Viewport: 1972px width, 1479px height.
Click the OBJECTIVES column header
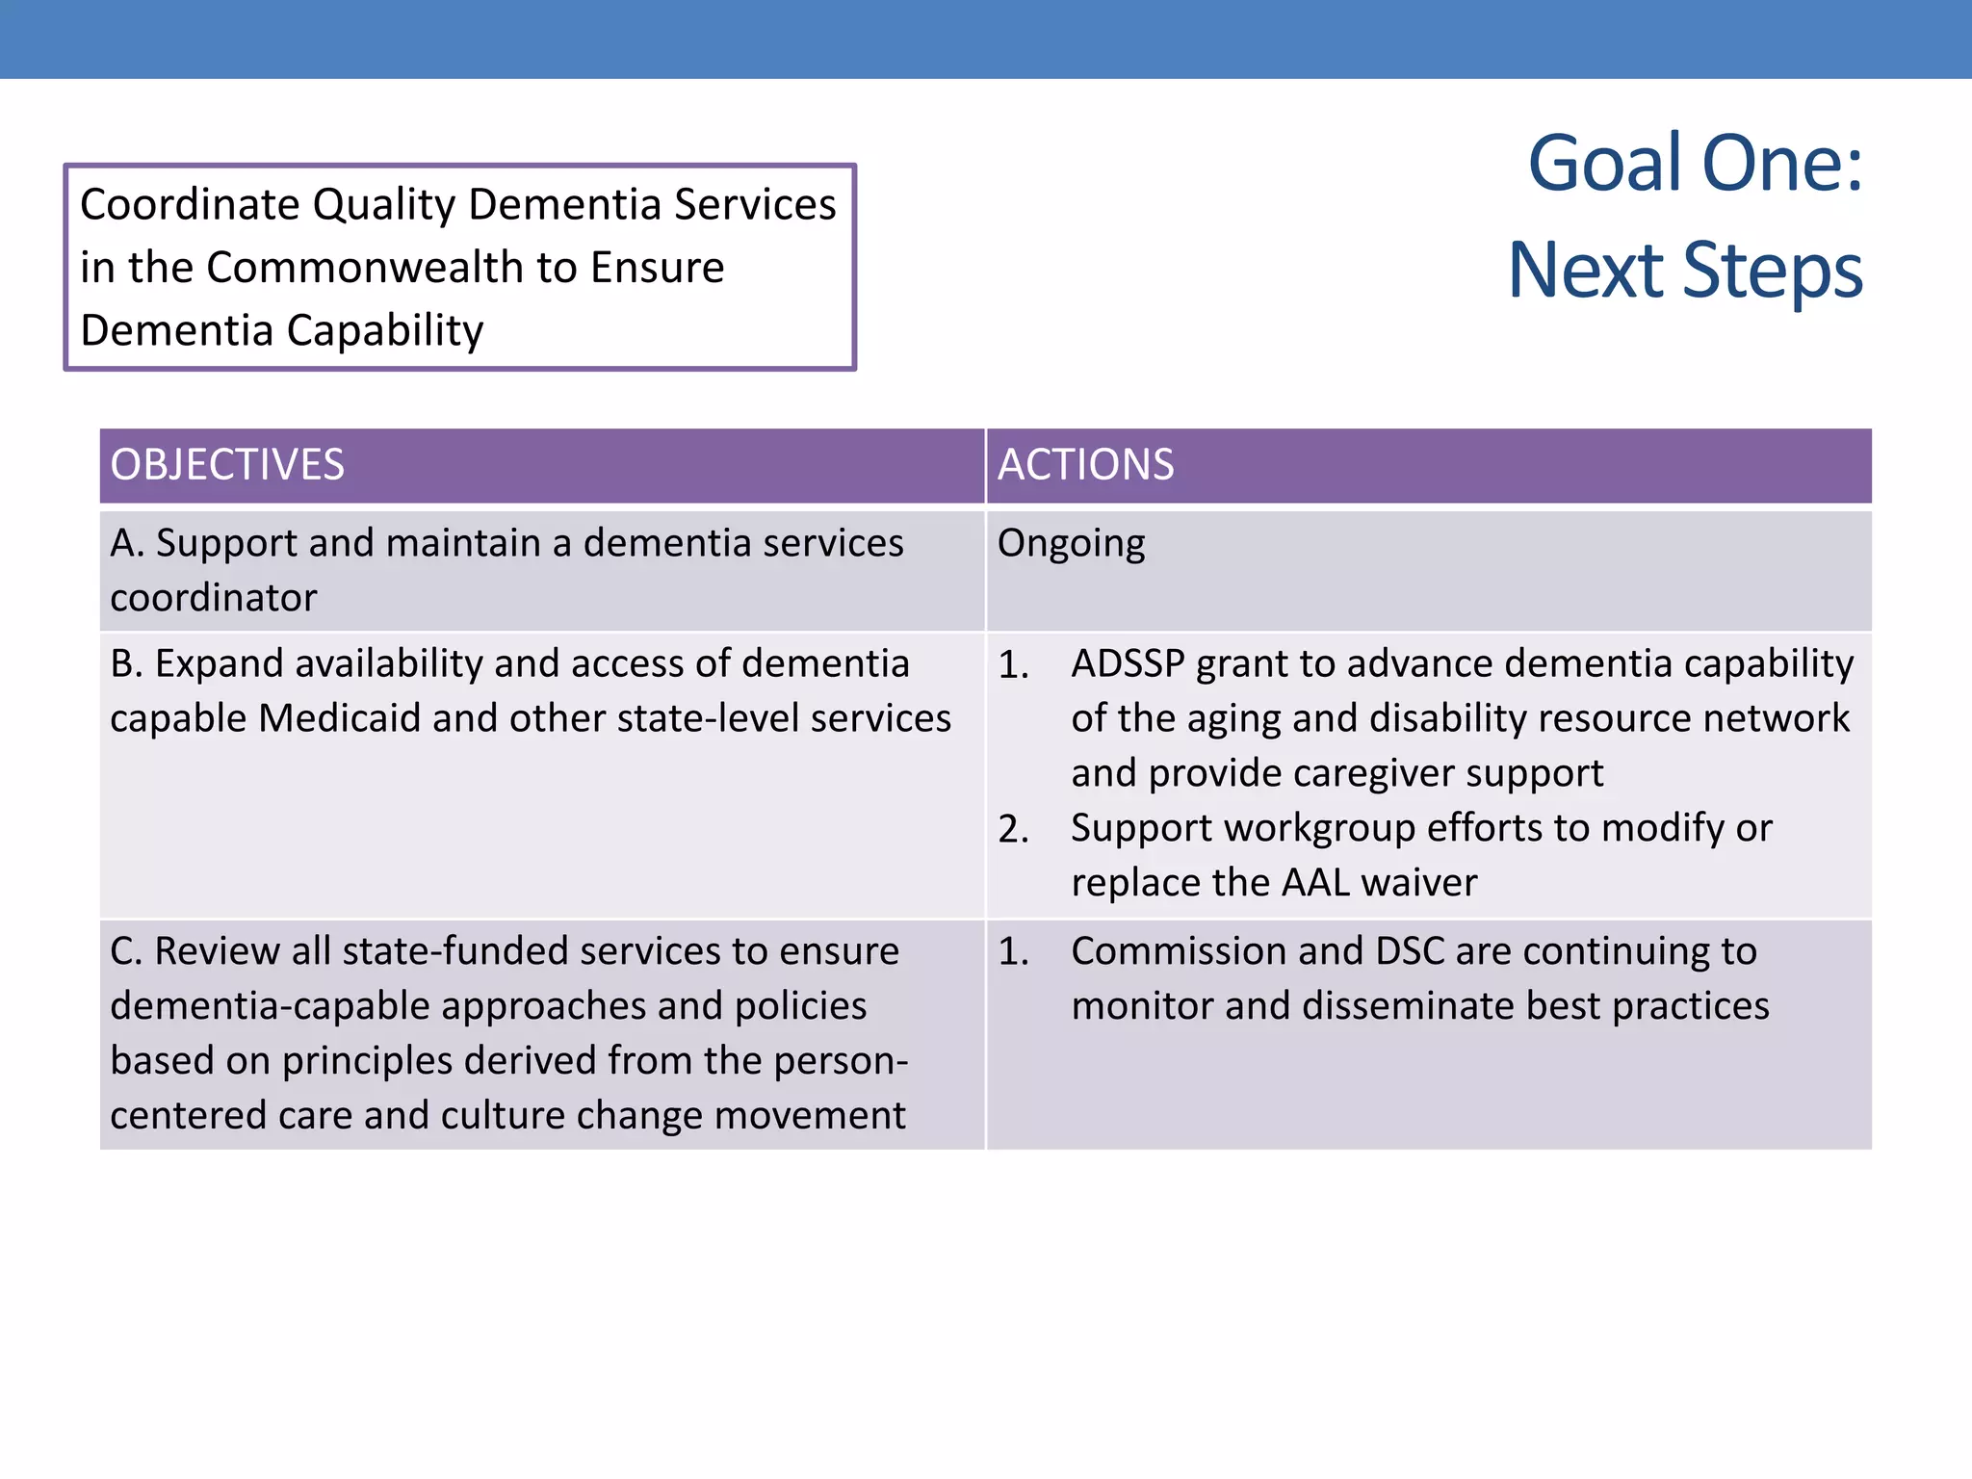tap(227, 465)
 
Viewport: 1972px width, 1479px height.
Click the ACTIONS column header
tap(1085, 465)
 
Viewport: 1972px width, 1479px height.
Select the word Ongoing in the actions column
tap(1071, 544)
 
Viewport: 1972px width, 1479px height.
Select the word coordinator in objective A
tap(214, 599)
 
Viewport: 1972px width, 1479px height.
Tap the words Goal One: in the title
tap(1695, 164)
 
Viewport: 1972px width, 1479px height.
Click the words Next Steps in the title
tap(1685, 271)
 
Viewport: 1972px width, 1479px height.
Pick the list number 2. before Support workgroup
tap(1013, 829)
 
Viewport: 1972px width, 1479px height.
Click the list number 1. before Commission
tap(1013, 952)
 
